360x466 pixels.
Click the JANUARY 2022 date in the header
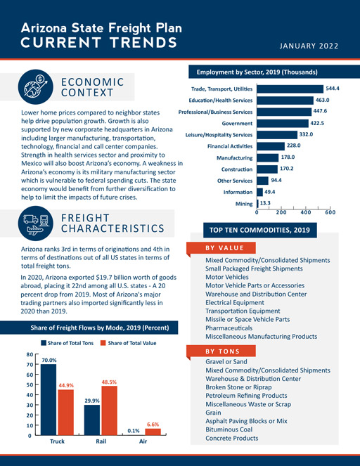tap(309, 46)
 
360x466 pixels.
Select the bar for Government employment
tap(283, 123)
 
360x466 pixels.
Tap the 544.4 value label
tap(333, 89)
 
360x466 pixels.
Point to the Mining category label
tap(244, 204)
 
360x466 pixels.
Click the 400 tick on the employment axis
tap(306, 212)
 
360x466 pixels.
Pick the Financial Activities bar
tap(271, 146)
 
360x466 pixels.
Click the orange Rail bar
tap(110, 410)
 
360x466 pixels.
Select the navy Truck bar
tap(49, 400)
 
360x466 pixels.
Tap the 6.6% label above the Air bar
tap(153, 425)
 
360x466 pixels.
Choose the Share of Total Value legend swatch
tap(103, 343)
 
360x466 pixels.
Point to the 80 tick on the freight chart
tap(30, 354)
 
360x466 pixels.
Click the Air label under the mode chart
tap(143, 441)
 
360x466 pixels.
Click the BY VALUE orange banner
tap(221, 248)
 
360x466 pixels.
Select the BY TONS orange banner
tap(221, 351)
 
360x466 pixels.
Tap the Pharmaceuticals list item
tap(229, 328)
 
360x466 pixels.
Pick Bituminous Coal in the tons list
tap(229, 429)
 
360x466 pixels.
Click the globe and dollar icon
tap(36, 86)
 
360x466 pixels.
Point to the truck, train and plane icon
tap(36, 224)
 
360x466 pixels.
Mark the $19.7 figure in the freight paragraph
tap(104, 278)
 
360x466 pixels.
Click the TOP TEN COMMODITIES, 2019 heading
tap(260, 230)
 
